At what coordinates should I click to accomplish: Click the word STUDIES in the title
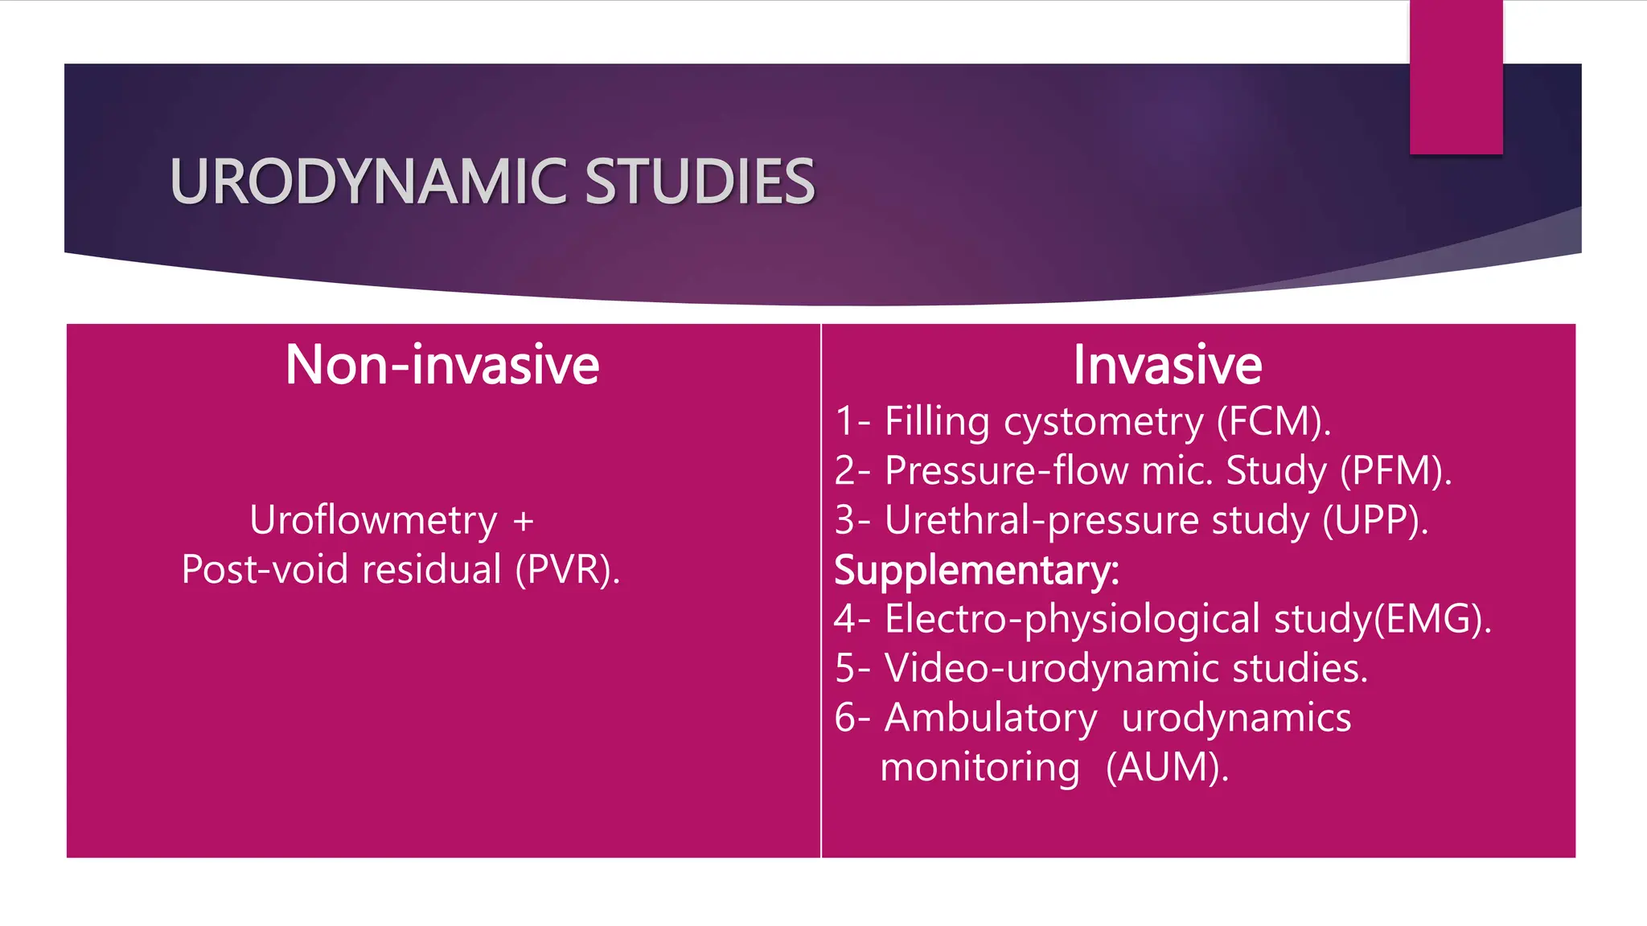tap(699, 182)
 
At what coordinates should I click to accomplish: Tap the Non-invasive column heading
tap(442, 365)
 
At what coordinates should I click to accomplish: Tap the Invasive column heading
tap(1167, 365)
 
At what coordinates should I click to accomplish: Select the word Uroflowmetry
tap(373, 520)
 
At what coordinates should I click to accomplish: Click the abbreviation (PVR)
tap(567, 570)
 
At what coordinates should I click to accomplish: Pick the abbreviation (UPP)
tap(1375, 520)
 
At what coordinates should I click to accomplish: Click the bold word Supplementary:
tap(976, 570)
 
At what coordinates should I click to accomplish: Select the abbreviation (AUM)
tap(1167, 767)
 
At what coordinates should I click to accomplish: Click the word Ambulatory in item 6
tap(990, 717)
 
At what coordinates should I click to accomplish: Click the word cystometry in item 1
tap(1103, 422)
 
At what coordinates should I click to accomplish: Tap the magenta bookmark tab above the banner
tap(1456, 77)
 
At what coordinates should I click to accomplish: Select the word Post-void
tap(265, 570)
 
